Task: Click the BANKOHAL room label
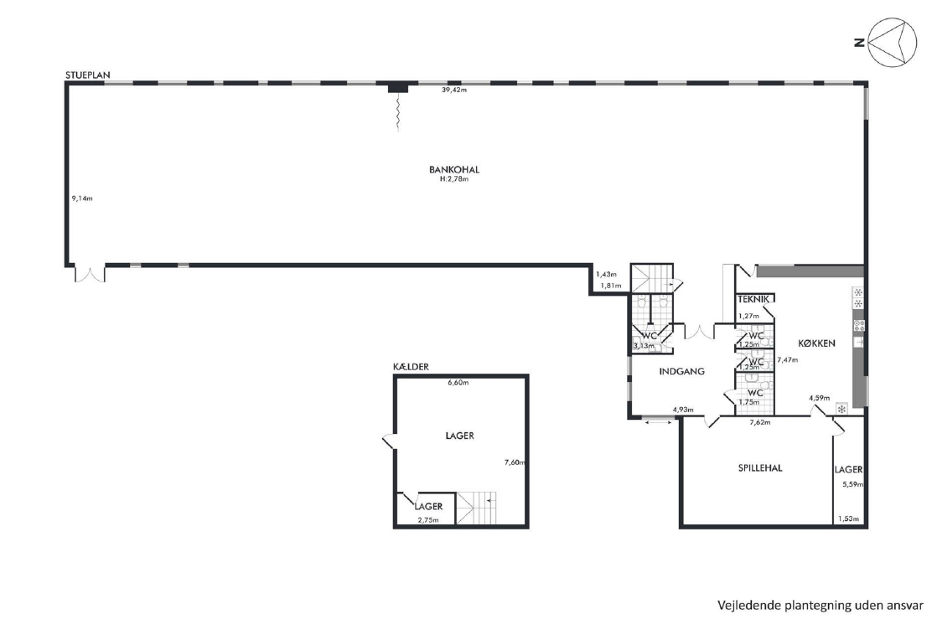coord(454,169)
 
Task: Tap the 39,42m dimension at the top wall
coord(454,90)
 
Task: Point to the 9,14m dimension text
coord(82,199)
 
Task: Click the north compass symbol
coord(887,42)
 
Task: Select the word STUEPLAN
coord(88,75)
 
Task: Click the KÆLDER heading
coord(412,367)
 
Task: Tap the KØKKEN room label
coord(817,343)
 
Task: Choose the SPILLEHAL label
coord(760,468)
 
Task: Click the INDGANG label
coord(682,371)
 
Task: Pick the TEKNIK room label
coord(753,299)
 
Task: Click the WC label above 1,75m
coord(755,393)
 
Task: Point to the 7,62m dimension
coord(760,422)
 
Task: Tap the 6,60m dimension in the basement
coord(458,383)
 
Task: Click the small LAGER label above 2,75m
coord(429,506)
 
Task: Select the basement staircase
coord(476,508)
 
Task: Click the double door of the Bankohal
coord(90,273)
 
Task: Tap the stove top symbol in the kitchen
coord(859,325)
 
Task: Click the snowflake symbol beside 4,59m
coord(841,410)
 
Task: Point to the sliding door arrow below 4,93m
coord(658,423)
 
